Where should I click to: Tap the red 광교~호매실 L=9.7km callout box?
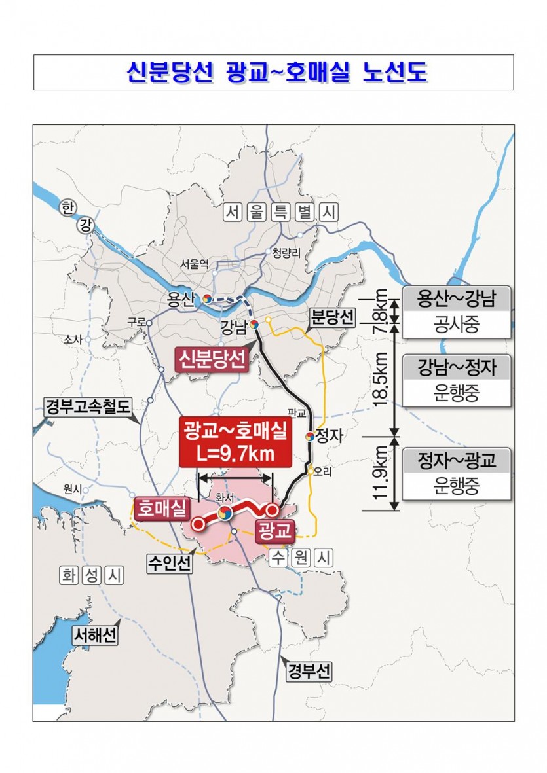click(235, 442)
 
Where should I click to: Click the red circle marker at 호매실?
click(198, 524)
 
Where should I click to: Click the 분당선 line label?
click(331, 319)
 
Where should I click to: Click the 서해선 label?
click(95, 634)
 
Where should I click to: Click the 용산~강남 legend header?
click(457, 299)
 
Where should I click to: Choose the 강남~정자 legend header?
click(457, 368)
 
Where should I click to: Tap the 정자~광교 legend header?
click(457, 461)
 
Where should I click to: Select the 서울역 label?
click(195, 264)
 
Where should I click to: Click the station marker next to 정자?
click(310, 436)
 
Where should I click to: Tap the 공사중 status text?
click(457, 325)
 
